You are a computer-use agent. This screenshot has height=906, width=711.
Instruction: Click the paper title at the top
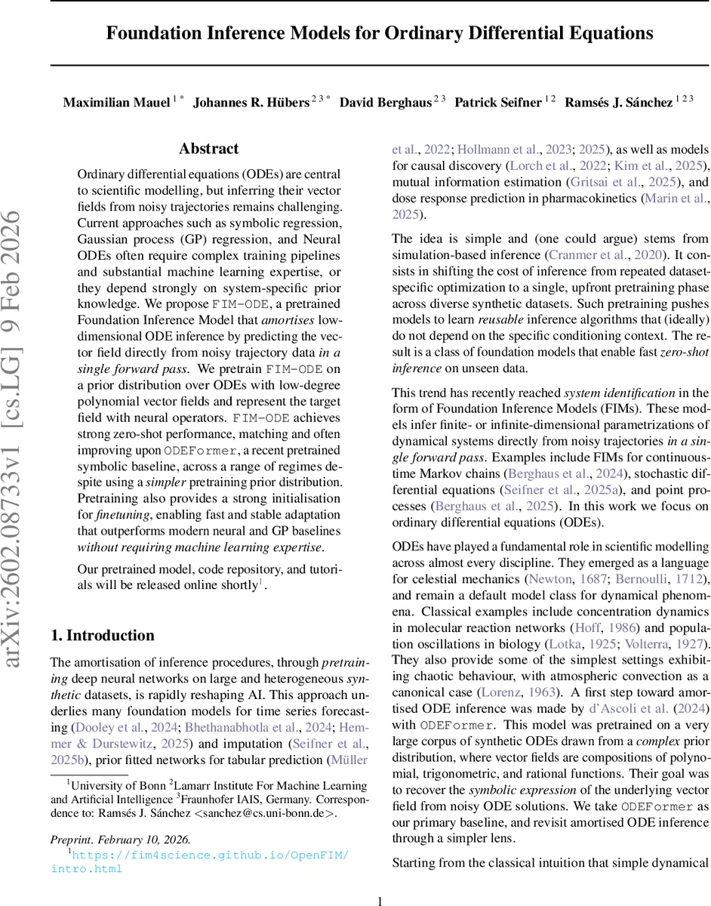pos(379,33)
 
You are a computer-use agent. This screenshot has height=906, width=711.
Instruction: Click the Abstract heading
pos(209,149)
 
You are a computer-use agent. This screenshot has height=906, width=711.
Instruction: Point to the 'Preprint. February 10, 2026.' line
pos(121,840)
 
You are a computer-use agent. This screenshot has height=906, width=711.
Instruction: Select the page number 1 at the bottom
pos(380,901)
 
